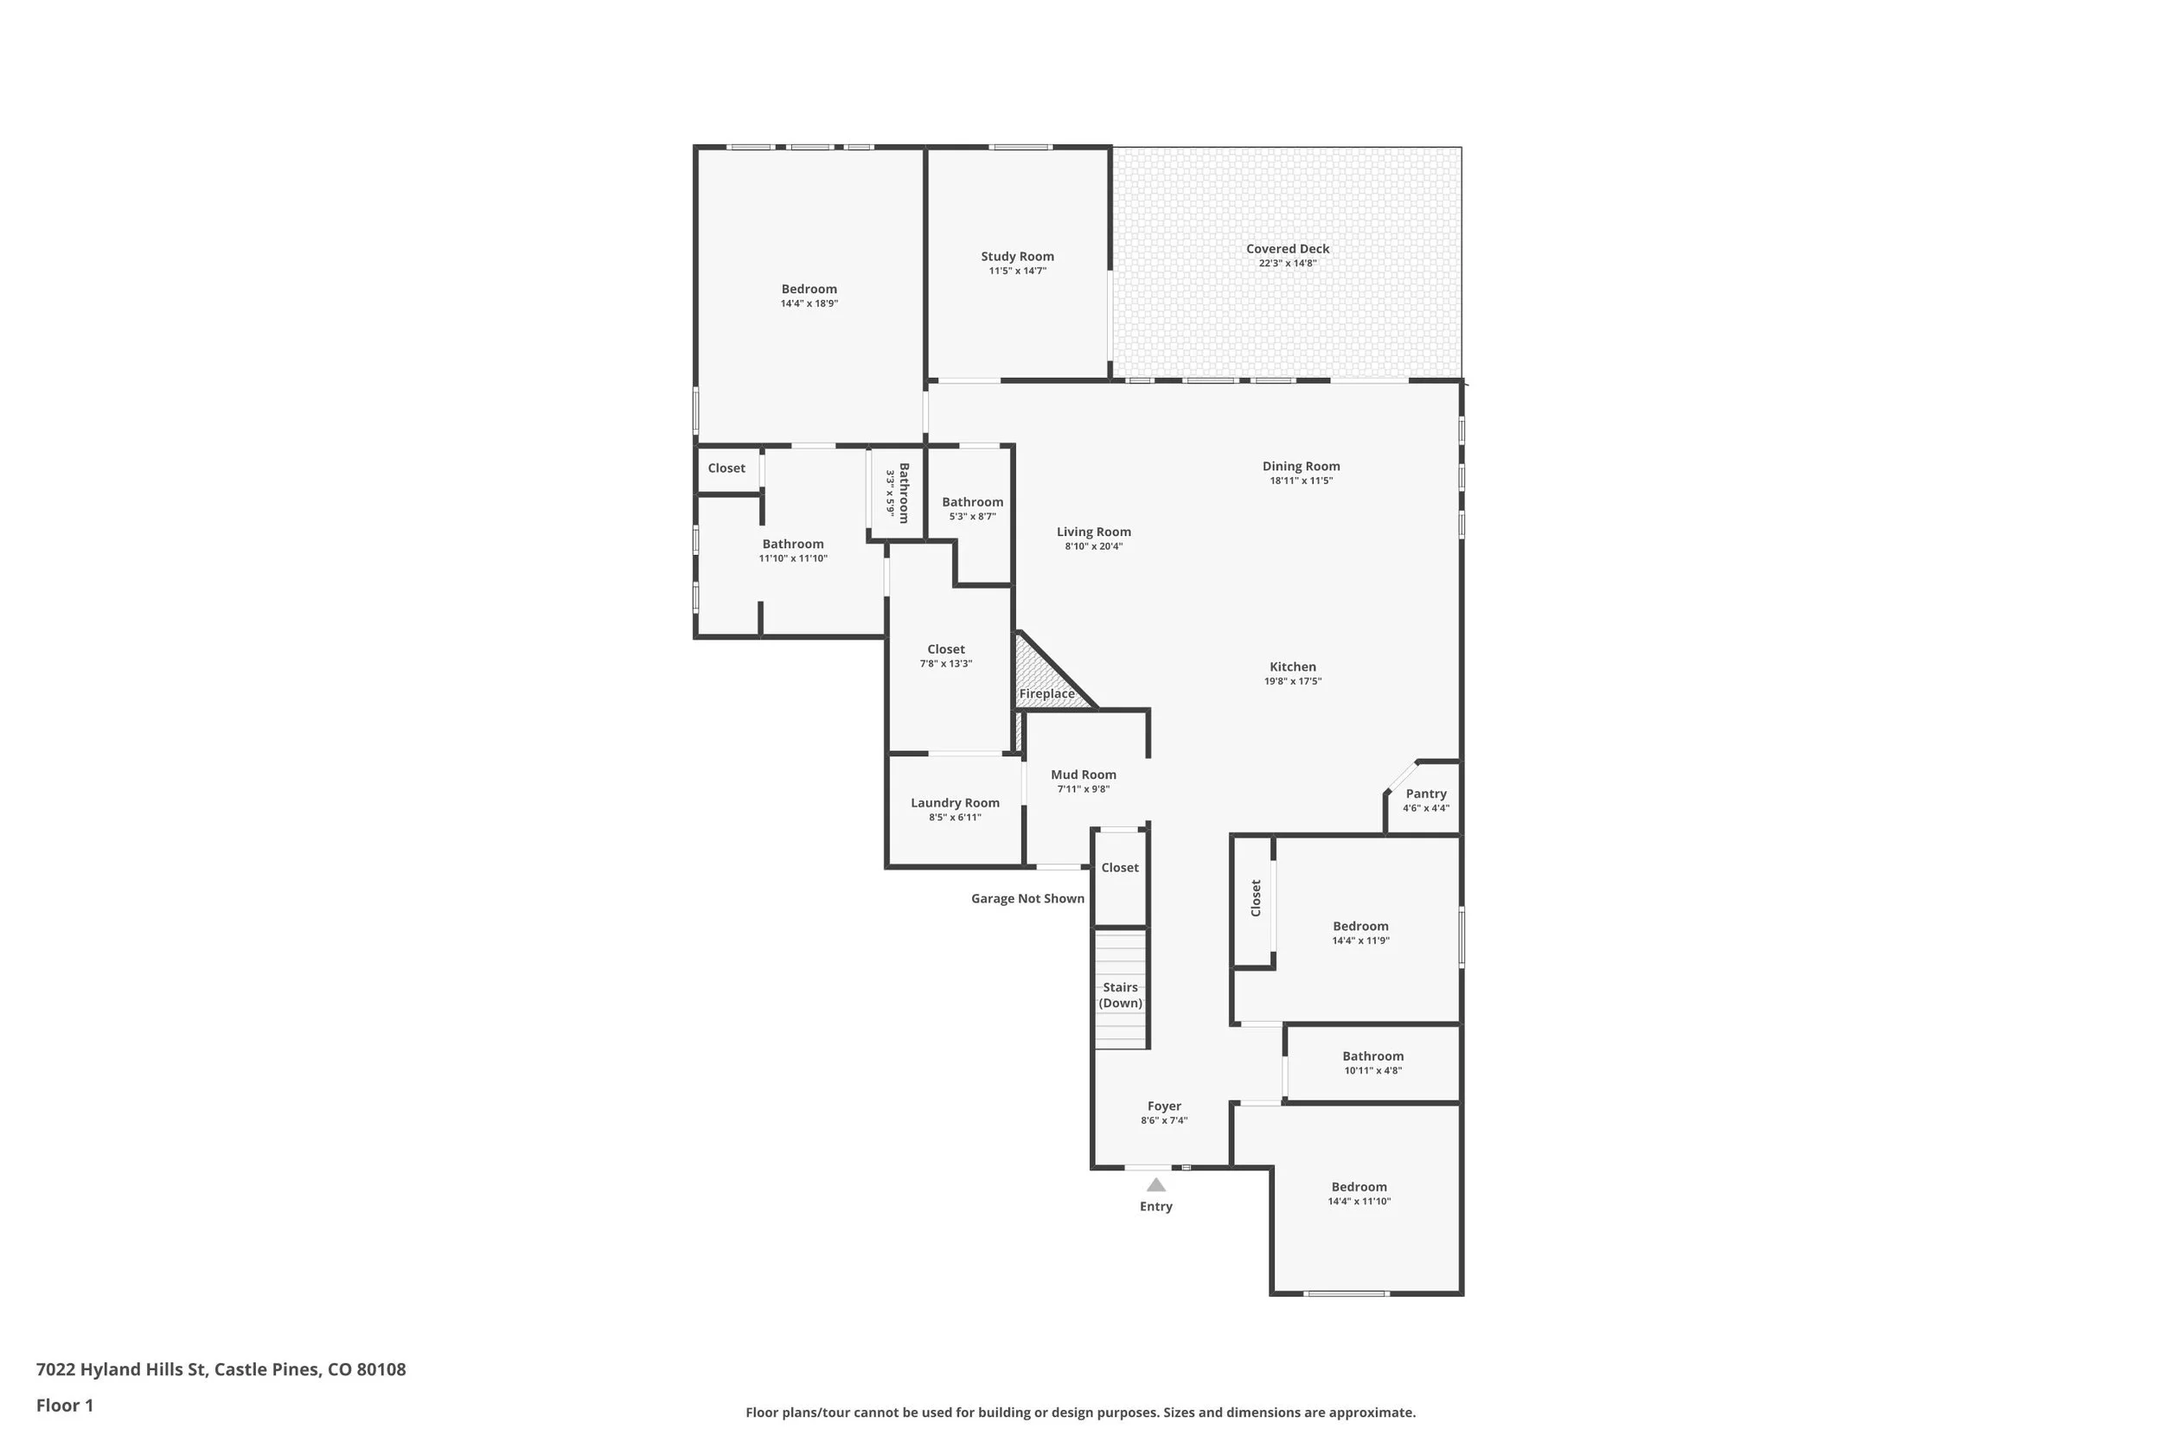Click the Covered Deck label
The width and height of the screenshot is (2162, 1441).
pos(1287,249)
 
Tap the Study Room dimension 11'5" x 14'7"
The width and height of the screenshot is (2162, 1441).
pos(1017,271)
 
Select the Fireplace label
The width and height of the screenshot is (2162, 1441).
pos(1046,694)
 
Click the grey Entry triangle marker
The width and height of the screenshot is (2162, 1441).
pos(1155,1185)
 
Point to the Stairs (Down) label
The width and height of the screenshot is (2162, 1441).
pos(1120,995)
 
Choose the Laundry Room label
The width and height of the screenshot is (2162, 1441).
pos(954,803)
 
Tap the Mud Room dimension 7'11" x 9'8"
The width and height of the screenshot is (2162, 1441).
pos(1083,789)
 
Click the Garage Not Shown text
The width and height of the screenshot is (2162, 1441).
pos(1027,899)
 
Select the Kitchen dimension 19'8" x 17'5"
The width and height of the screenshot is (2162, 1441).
pos(1292,682)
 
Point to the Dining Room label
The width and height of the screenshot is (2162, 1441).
pos(1301,467)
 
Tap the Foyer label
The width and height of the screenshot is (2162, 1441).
pos(1164,1106)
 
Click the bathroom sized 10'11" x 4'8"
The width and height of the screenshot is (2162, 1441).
pos(1372,1063)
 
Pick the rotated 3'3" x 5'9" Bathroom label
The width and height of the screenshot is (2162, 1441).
pos(897,494)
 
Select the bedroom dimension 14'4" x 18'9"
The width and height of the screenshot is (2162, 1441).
pos(809,304)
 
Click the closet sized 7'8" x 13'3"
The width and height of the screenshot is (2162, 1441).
pos(946,656)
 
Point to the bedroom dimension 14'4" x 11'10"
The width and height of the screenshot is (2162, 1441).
pos(1359,1202)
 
